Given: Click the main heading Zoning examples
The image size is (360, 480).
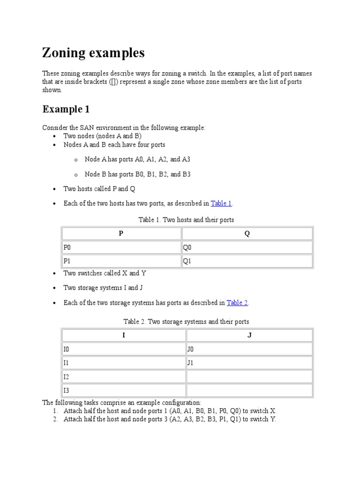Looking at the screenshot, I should [x=93, y=53].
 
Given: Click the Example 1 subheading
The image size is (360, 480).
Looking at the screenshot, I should [x=66, y=109].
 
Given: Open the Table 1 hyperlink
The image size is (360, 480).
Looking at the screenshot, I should [x=221, y=203].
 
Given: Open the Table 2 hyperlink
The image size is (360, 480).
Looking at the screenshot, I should [x=237, y=303].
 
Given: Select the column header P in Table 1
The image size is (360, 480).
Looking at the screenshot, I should [x=121, y=233].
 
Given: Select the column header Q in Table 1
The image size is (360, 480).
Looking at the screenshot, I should [x=247, y=233].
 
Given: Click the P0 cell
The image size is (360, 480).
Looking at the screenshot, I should [x=121, y=247].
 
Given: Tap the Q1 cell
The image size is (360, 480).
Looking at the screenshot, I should [x=247, y=261].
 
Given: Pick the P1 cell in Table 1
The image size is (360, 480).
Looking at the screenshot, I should [x=121, y=261].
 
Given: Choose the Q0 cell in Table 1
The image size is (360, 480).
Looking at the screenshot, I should [x=247, y=247].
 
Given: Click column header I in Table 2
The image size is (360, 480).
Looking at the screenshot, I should [x=124, y=335].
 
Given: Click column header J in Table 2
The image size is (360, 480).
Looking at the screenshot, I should [x=249, y=335].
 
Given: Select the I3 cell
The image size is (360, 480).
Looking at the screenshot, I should [x=124, y=390].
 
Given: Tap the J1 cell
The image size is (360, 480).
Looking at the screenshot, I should [x=249, y=363].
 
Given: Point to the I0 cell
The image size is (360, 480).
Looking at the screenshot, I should [x=124, y=349].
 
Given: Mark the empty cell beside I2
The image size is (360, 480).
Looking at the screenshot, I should [x=249, y=376].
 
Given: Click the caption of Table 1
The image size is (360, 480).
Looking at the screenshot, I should [x=186, y=219].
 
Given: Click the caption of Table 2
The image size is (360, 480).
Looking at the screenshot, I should [x=186, y=322].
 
